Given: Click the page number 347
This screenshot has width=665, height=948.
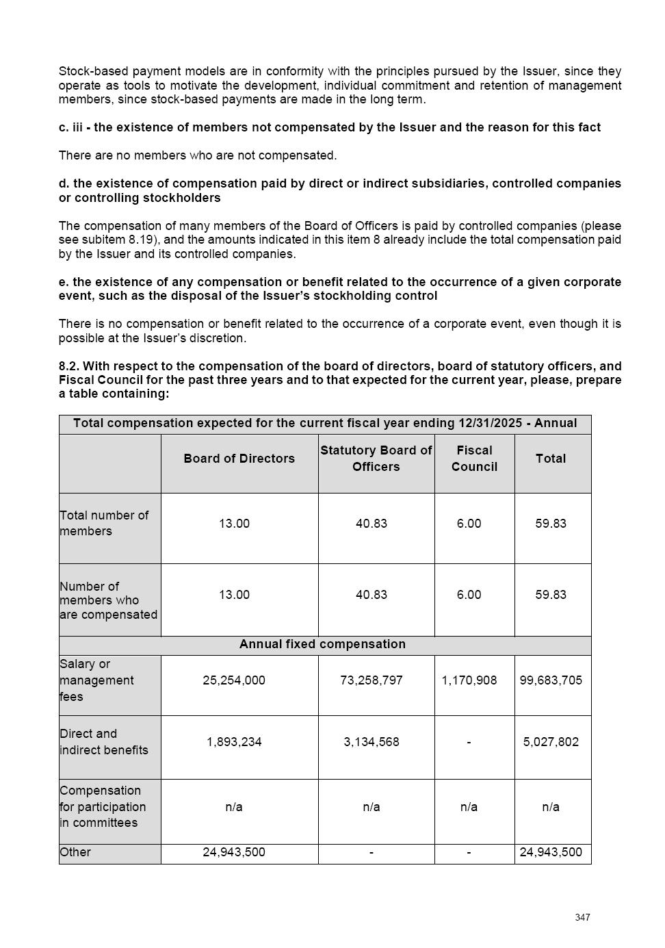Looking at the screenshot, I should pos(582,917).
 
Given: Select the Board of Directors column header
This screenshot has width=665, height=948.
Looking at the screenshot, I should pos(239,459).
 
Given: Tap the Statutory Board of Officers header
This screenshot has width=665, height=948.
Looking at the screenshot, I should pos(376,459).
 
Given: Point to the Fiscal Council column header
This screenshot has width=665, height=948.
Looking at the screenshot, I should pos(474,459).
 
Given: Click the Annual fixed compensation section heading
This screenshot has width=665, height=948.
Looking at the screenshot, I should pos(322,644).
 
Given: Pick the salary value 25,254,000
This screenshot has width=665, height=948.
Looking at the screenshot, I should pos(234,680).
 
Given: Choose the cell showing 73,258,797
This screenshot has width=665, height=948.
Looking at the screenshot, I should pos(371,680).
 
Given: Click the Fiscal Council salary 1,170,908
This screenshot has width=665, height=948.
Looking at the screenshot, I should pos(469,680).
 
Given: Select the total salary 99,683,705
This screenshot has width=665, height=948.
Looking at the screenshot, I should pos(551,680).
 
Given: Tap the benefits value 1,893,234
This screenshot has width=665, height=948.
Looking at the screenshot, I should pos(234,742).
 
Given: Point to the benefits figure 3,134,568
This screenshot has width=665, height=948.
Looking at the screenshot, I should pos(371,742).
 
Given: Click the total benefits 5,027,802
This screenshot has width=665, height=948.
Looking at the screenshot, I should pos(551,742).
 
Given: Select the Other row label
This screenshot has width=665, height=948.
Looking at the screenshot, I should pos(75,852).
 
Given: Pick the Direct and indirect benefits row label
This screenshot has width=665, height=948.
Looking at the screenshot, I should pos(104,742).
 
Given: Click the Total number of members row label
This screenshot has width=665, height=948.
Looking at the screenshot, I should pos(104,523).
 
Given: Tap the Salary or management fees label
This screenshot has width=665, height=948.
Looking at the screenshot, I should pos(96,680).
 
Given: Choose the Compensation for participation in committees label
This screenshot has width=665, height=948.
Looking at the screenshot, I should pos(103,806).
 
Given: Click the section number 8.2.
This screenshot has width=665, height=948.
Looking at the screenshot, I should pos(68,366).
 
